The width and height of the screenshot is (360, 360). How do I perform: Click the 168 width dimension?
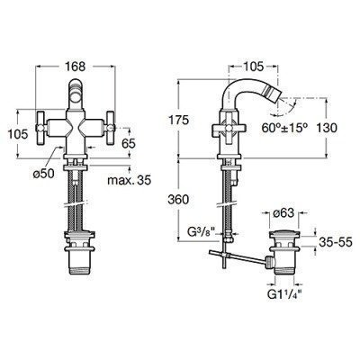(x=76, y=67)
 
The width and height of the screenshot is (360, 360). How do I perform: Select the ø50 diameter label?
(x=43, y=173)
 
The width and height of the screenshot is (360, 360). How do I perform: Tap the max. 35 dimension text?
(x=130, y=180)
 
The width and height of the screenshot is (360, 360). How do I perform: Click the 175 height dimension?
(x=178, y=121)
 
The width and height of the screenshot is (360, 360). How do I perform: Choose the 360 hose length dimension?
(x=178, y=200)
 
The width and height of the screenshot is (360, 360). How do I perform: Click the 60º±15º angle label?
(x=284, y=128)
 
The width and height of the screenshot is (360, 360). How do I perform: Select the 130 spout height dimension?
(x=326, y=128)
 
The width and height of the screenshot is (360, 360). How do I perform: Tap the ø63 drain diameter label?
(x=283, y=213)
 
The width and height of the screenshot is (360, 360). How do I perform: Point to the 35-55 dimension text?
(x=335, y=242)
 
